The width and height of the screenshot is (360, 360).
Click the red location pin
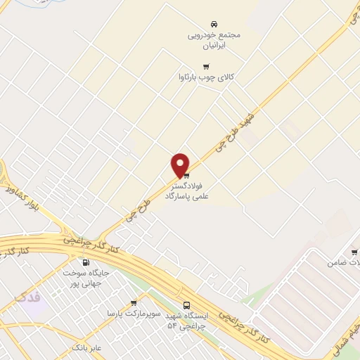click(181, 165)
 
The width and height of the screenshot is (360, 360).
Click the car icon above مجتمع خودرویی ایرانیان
click(214, 22)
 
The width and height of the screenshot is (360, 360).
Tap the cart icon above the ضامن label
click(354, 251)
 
